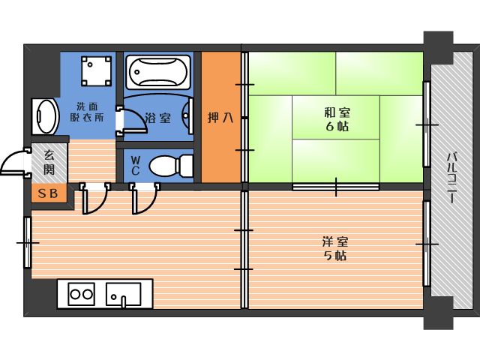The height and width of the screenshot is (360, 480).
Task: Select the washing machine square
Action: point(94,70)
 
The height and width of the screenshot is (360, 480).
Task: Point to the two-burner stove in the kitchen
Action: point(81,293)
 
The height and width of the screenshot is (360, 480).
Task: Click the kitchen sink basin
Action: point(123,293)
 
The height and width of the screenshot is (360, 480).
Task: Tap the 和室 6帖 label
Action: point(337,120)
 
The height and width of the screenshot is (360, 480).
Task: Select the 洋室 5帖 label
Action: point(335,248)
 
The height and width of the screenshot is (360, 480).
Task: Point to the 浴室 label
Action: point(158,118)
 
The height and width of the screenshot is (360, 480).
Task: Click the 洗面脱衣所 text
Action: point(87,112)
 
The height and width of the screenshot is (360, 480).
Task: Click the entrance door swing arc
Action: point(13,163)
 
